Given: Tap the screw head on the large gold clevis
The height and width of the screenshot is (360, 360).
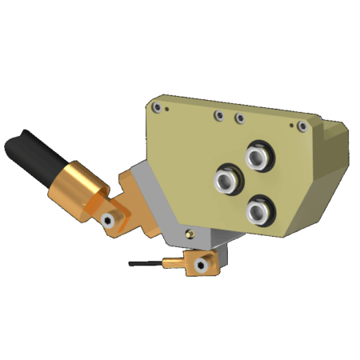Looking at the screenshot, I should (x=107, y=220).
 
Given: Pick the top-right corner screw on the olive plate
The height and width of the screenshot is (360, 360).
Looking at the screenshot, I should (x=302, y=126).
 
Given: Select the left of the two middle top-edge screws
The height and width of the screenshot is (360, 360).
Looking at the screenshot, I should (x=218, y=115).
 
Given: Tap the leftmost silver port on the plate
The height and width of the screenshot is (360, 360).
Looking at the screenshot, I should (x=226, y=179).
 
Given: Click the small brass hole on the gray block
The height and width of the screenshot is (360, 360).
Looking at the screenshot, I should (x=190, y=234).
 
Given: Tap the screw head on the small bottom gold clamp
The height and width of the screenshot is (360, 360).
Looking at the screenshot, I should (x=202, y=263).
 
